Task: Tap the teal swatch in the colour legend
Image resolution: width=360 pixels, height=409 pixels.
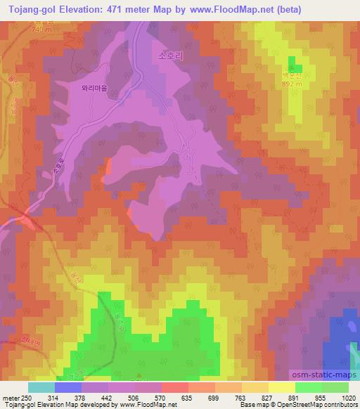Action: pyautogui.click(x=41, y=387)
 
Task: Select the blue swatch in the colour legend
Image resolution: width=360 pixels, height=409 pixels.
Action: pyautogui.click(x=67, y=387)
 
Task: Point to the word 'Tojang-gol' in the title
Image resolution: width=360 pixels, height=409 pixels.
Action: pyautogui.click(x=28, y=9)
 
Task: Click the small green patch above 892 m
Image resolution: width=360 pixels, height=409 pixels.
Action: pyautogui.click(x=293, y=62)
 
